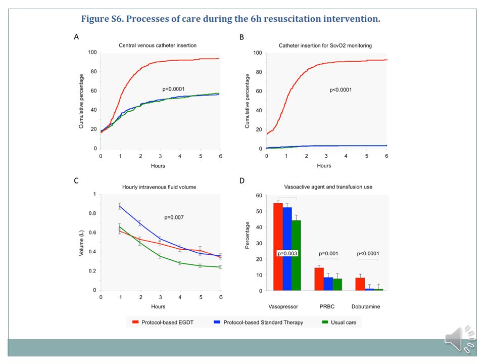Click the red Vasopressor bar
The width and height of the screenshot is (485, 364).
[x=278, y=247]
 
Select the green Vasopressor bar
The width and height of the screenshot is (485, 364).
[x=296, y=255]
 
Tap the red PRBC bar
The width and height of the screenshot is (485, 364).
[x=319, y=279]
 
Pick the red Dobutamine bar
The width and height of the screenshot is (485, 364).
[x=360, y=284]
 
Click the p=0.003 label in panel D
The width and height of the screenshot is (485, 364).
[x=287, y=253]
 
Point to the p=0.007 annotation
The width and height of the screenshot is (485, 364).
[x=174, y=217]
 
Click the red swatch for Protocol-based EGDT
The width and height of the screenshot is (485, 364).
[x=135, y=322]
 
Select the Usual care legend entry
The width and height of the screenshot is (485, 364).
[x=339, y=322]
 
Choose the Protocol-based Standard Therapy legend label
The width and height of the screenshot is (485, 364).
[x=263, y=322]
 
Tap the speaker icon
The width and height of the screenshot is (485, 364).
[x=459, y=339]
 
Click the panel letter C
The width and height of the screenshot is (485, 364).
[x=76, y=181]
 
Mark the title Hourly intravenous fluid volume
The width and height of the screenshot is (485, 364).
[x=159, y=187]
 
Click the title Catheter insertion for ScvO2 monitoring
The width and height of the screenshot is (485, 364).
[x=325, y=45]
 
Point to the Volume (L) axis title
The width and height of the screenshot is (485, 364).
[x=81, y=243]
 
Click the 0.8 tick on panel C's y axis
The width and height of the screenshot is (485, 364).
[x=92, y=213]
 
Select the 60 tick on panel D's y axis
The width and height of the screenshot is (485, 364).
[x=259, y=195]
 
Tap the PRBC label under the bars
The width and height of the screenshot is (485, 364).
[x=327, y=306]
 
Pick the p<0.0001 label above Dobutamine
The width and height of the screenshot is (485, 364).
[x=368, y=253]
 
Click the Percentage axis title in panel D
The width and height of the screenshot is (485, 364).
[x=247, y=235]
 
